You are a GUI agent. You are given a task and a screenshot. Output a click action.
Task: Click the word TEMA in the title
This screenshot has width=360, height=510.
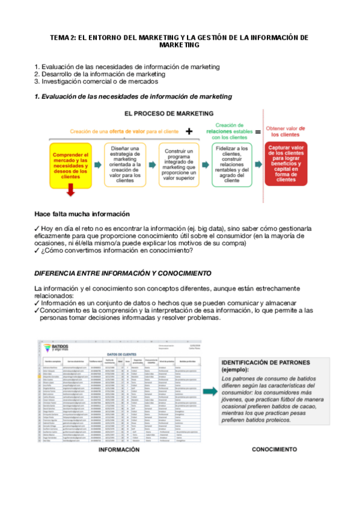tap(60, 37)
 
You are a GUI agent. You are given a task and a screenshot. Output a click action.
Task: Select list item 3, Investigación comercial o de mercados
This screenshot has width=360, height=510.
tap(96, 81)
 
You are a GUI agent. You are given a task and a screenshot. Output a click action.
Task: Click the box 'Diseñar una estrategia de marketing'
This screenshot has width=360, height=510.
tap(124, 164)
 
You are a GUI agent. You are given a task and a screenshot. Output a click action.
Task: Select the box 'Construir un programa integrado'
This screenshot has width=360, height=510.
tap(178, 164)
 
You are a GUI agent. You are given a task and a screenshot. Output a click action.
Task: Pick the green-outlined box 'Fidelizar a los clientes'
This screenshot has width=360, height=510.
tap(231, 164)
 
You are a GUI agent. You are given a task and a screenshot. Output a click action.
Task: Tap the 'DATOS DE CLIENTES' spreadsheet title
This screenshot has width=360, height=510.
tap(123, 354)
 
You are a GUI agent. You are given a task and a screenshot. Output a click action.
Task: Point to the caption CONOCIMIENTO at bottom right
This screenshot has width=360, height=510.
tap(273, 449)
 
